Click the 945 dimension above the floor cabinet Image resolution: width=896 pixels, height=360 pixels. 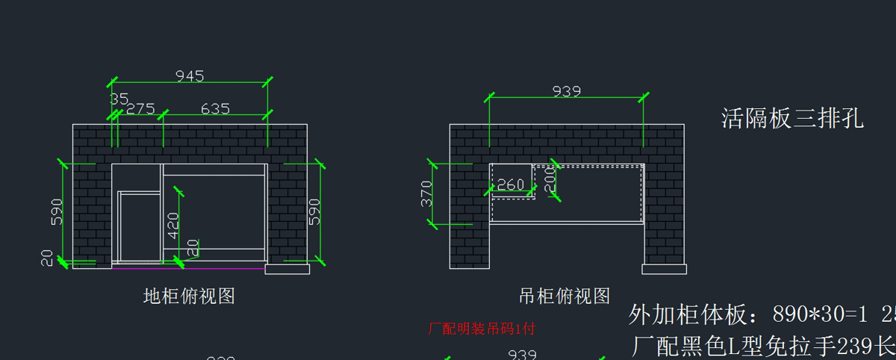(x=190, y=75)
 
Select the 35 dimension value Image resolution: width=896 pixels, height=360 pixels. (x=119, y=99)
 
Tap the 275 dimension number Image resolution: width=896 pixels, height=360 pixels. (x=140, y=108)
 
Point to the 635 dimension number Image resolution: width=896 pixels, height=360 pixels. (x=215, y=108)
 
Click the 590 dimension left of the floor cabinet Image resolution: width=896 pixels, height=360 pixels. (x=57, y=211)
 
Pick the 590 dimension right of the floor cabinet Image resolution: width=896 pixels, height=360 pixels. (x=314, y=211)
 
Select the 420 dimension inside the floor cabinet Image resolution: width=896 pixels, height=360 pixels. (x=173, y=225)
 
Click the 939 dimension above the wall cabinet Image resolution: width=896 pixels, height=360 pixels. (x=567, y=91)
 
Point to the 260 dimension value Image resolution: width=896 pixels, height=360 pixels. (x=511, y=184)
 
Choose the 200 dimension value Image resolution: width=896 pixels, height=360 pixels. (x=551, y=180)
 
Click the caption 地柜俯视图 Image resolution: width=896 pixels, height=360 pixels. (x=189, y=297)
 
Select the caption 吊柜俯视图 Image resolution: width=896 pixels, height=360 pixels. (x=564, y=297)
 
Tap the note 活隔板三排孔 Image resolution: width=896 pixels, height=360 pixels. (x=792, y=118)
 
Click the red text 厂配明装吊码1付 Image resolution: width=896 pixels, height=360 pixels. (x=482, y=328)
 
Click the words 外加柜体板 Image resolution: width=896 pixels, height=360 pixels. (x=688, y=314)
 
